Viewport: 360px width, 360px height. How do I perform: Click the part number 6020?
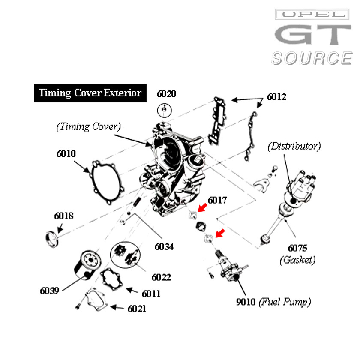coord(166,94)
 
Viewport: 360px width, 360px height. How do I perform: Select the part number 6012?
coord(276,97)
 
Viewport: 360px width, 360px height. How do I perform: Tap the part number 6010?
coord(66,153)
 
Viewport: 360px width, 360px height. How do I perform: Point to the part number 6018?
coord(64,216)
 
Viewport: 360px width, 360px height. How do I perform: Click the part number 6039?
coord(50,291)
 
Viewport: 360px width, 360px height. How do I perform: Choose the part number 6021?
coord(137,309)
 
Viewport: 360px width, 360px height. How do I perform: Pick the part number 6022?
coord(161,277)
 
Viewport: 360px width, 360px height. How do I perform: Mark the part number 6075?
coord(297,248)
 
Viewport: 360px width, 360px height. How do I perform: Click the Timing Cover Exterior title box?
coord(90,93)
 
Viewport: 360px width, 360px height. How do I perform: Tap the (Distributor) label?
coord(294,146)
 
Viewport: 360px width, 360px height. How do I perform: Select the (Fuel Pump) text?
coord(285,302)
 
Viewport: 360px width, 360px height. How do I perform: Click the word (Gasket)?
coord(297,260)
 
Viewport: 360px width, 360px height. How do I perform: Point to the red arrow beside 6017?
coord(202,208)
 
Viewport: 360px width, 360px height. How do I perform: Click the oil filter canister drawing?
coord(87,265)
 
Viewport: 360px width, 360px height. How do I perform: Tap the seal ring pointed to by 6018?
coord(52,240)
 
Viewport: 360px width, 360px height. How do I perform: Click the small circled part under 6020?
coord(165,110)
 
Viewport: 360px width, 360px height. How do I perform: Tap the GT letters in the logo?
coord(313,35)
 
